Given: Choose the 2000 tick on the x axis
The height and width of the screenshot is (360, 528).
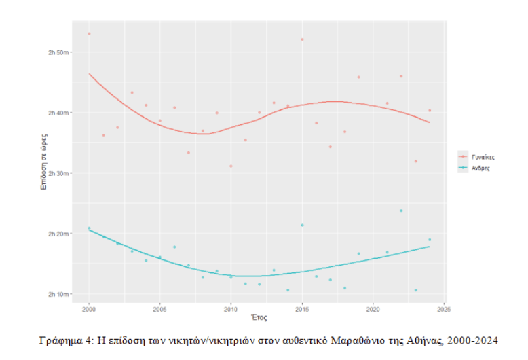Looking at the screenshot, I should (89, 310).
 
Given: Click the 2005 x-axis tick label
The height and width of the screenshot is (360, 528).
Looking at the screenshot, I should (160, 310).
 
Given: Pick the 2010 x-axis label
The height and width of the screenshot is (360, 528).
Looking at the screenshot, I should (231, 310).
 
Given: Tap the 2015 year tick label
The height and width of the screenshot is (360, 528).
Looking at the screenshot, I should (302, 310).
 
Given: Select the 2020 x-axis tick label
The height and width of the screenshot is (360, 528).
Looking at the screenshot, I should (373, 310).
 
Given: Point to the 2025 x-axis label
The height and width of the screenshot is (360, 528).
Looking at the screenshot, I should (444, 310).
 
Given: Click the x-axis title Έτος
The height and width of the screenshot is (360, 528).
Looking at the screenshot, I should (259, 318).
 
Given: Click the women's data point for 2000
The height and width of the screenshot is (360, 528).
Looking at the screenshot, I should (89, 33).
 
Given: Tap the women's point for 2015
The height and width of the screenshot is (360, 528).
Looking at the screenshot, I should (302, 39).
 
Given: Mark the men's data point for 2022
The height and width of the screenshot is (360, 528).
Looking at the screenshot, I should (401, 211).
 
